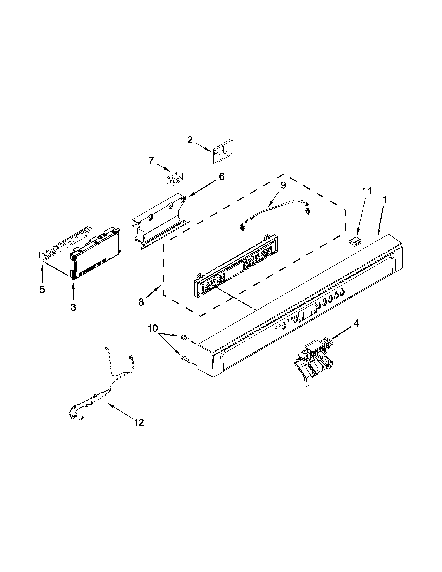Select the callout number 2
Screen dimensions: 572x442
click(190, 140)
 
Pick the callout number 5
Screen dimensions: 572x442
click(42, 289)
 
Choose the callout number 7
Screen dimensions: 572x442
click(151, 161)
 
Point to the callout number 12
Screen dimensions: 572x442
click(139, 422)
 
